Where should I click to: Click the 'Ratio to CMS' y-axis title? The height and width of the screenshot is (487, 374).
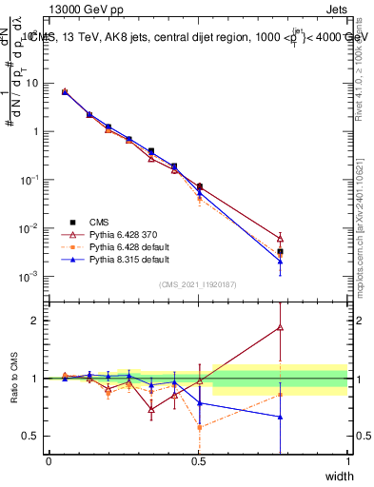14,378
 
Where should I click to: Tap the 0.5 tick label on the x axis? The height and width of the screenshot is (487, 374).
198,461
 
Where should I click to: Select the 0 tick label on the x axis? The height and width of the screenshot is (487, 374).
49,461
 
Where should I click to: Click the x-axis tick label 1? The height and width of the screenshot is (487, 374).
347,461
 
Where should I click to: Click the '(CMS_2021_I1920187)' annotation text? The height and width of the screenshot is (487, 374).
198,284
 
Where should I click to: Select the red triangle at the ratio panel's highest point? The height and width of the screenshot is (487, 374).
280,327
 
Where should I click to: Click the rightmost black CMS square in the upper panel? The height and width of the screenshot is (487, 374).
280,252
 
